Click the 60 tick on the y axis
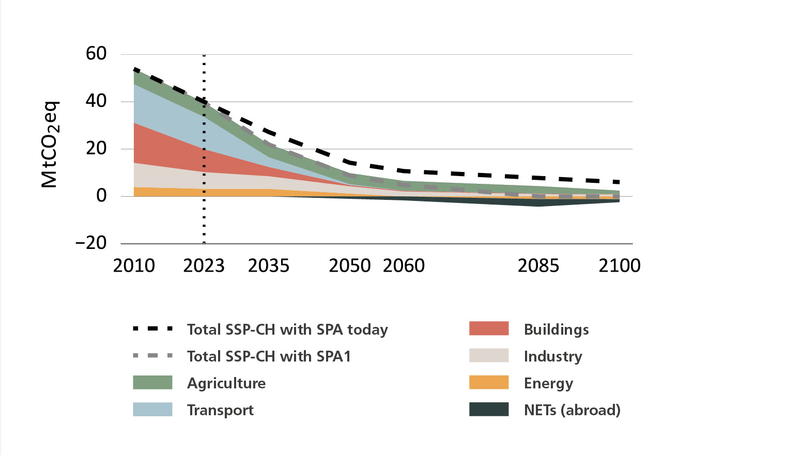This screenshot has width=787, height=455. click(96, 54)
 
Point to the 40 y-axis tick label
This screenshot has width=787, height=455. click(96, 101)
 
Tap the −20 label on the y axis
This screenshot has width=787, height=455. click(91, 243)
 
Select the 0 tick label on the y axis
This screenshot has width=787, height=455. click(101, 196)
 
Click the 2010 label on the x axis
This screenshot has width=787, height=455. click(134, 266)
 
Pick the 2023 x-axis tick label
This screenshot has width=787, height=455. click(204, 266)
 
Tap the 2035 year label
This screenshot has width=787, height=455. click(269, 266)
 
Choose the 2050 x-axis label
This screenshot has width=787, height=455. click(350, 266)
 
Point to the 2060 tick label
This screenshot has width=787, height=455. click(404, 266)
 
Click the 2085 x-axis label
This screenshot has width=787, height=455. click(538, 266)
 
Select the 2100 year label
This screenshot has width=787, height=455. click(620, 266)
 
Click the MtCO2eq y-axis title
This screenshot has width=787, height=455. click(50, 144)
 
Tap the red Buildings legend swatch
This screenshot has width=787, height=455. click(489, 328)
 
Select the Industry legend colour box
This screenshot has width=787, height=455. click(489, 355)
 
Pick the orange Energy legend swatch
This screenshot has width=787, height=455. click(489, 382)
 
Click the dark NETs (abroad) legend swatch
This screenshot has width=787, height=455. click(489, 410)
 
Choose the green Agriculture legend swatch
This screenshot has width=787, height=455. click(152, 382)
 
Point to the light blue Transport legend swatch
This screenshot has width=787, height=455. click(152, 410)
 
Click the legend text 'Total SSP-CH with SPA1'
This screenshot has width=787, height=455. click(269, 356)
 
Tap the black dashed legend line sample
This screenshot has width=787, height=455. click(152, 329)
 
